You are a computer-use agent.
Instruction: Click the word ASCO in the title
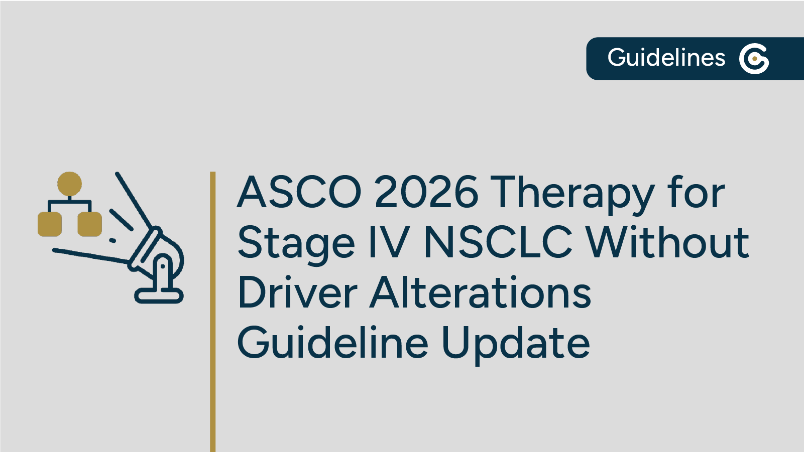point(299,192)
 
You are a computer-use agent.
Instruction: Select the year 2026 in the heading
point(426,192)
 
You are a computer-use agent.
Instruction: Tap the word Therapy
point(572,193)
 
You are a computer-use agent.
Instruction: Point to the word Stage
point(296,243)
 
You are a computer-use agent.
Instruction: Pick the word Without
point(667,242)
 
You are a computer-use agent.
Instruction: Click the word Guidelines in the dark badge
point(666,58)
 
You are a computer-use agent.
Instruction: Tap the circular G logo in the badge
point(754,59)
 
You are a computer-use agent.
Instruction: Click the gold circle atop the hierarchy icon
point(69,184)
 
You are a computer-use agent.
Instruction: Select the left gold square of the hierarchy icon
point(50,224)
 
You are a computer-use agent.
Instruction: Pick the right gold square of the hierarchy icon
point(90,224)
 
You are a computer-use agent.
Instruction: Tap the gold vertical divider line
point(213,311)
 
